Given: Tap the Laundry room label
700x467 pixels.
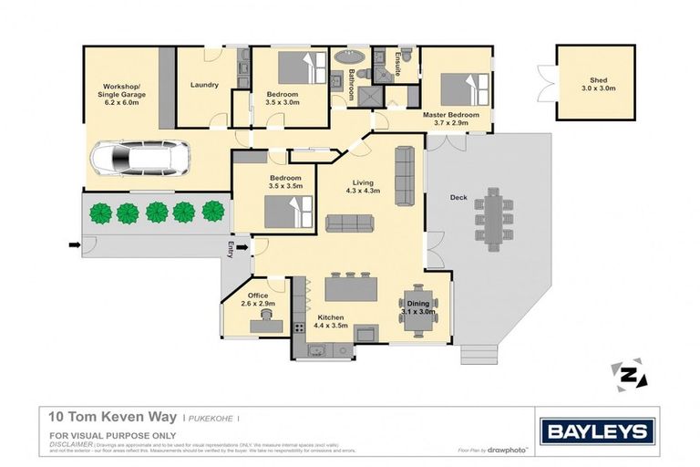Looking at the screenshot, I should point(204,86).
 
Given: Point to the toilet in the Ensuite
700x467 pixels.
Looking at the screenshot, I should point(407,56).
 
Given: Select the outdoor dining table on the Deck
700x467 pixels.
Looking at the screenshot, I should point(494,219).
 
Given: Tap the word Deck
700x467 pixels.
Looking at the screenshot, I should point(458,198).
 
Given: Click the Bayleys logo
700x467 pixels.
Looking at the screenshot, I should point(597,431).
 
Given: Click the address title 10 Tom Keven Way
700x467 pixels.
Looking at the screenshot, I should point(113,417).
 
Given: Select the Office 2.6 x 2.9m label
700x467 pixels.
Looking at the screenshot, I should point(258,299).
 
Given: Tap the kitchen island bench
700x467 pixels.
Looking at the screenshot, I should point(350,289).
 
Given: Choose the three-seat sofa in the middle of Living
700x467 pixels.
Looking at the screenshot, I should point(350,223).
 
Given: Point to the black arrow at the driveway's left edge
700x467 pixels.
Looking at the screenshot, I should point(74,244).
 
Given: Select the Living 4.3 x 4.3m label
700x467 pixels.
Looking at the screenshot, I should point(363,186).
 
